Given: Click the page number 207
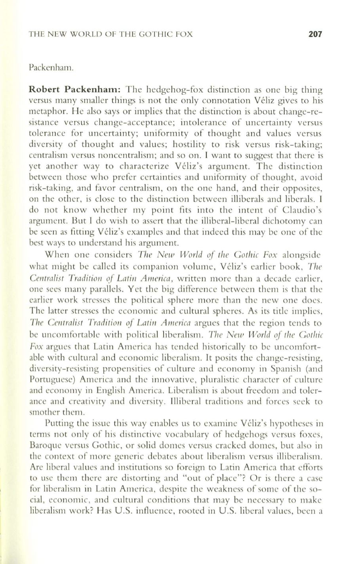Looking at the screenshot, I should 315,34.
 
